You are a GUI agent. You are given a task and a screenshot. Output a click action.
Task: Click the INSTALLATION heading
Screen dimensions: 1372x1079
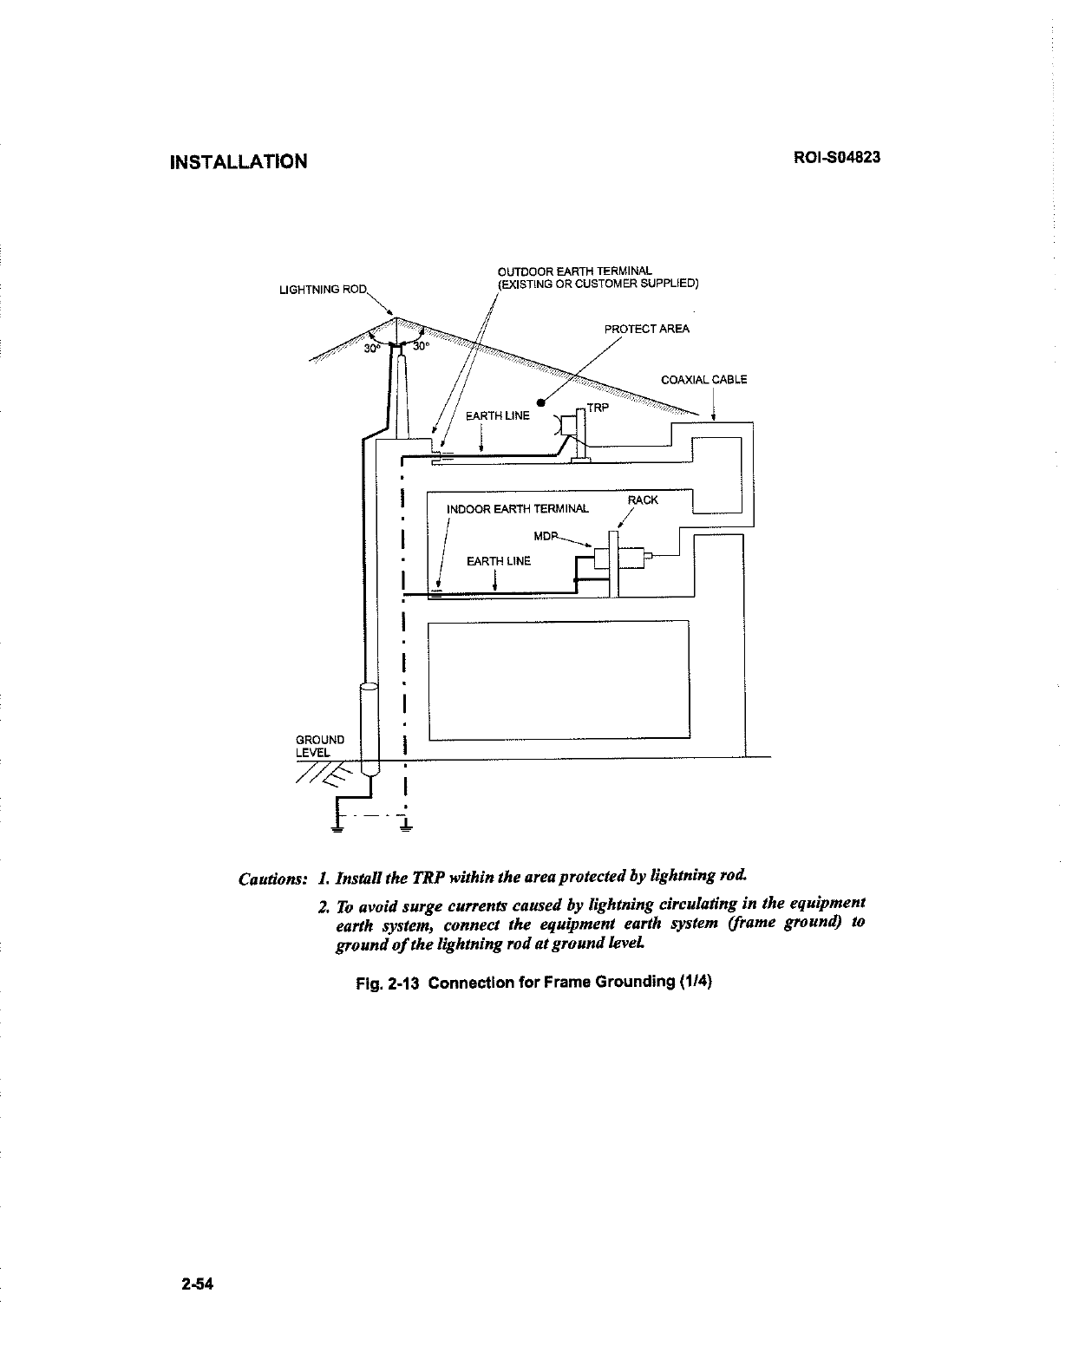click(x=239, y=162)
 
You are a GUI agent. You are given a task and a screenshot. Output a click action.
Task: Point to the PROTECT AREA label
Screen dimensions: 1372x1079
click(x=646, y=329)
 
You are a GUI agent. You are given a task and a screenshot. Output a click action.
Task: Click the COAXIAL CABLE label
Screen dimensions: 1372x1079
click(x=703, y=380)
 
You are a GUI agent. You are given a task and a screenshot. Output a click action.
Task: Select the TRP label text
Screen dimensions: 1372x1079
click(x=598, y=408)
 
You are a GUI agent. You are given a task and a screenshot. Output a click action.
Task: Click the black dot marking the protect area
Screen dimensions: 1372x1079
click(x=539, y=402)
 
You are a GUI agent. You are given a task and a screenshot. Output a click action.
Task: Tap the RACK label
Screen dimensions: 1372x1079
click(x=643, y=500)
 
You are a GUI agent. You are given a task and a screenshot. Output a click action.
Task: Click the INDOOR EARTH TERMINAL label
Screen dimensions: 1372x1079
click(x=517, y=509)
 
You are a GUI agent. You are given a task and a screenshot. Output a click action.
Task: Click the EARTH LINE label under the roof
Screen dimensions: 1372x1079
click(x=497, y=416)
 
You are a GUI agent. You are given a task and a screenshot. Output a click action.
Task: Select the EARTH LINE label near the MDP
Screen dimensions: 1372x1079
click(x=498, y=561)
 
